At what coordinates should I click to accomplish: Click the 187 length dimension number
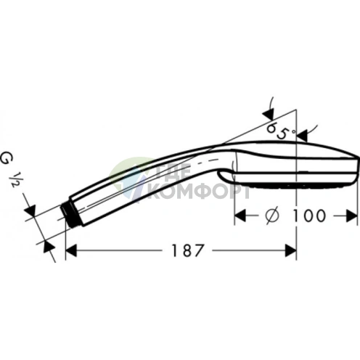[x=187, y=250]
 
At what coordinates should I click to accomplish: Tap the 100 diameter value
[x=308, y=216]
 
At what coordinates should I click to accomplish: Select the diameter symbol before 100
[x=272, y=216]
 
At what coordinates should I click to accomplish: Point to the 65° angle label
[x=281, y=131]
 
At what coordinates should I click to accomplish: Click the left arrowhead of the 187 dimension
[x=71, y=250]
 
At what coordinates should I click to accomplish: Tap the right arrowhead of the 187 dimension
[x=291, y=250]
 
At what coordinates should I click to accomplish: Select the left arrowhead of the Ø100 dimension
[x=240, y=216]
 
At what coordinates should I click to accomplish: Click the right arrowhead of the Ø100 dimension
[x=352, y=216]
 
